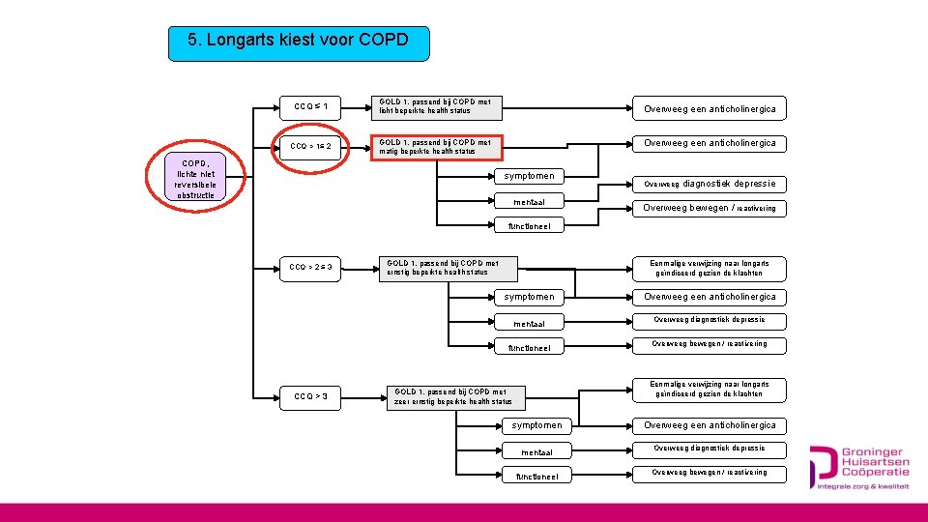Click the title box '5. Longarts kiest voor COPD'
pyautogui.click(x=298, y=43)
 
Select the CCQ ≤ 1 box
pyautogui.click(x=310, y=106)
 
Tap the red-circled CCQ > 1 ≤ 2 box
pyautogui.click(x=310, y=147)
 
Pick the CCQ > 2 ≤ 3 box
pyautogui.click(x=310, y=267)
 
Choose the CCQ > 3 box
pyautogui.click(x=310, y=395)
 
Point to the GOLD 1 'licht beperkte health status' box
pyautogui.click(x=438, y=106)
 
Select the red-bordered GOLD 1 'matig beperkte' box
pyautogui.click(x=438, y=147)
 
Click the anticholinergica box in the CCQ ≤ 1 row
pyautogui.click(x=709, y=109)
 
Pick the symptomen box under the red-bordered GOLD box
pyautogui.click(x=529, y=176)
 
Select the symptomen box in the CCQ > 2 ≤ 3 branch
pyautogui.click(x=529, y=297)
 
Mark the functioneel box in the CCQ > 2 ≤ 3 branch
pyautogui.click(x=529, y=348)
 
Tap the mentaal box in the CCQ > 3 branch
pyautogui.click(x=536, y=451)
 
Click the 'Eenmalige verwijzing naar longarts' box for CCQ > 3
pyautogui.click(x=709, y=389)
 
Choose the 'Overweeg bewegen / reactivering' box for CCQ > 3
pyautogui.click(x=709, y=473)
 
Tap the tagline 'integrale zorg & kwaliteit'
pyautogui.click(x=863, y=487)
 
